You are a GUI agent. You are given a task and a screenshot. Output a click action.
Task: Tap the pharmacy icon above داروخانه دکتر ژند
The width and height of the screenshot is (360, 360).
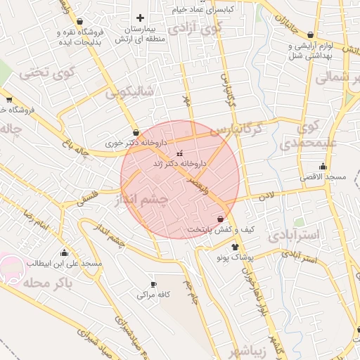point(179,153)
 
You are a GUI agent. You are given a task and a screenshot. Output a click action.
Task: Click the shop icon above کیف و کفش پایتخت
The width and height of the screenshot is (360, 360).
point(221,219)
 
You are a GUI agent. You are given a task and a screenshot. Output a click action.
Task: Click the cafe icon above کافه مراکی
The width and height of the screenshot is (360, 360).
point(154,285)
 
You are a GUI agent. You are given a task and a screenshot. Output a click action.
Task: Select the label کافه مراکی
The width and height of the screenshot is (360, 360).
point(154,295)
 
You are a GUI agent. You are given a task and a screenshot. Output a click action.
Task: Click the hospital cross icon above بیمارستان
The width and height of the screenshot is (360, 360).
point(140,18)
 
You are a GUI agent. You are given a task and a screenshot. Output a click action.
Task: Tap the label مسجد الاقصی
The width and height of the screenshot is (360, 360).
point(324,178)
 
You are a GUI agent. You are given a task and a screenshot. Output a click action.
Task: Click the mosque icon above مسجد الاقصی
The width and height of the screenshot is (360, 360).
point(323,167)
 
